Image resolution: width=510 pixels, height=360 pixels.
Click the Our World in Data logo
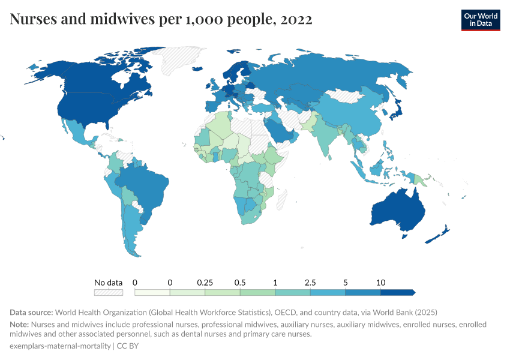(x=480, y=20)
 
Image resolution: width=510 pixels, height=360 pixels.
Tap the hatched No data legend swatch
(x=108, y=292)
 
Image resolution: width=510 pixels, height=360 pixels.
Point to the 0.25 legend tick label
(x=205, y=282)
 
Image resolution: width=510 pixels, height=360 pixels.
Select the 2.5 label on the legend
(x=310, y=282)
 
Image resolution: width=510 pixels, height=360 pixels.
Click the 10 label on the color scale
(x=380, y=282)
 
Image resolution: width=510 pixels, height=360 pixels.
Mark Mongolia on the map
(x=348, y=96)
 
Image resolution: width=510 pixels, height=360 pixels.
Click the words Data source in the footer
(x=31, y=313)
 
